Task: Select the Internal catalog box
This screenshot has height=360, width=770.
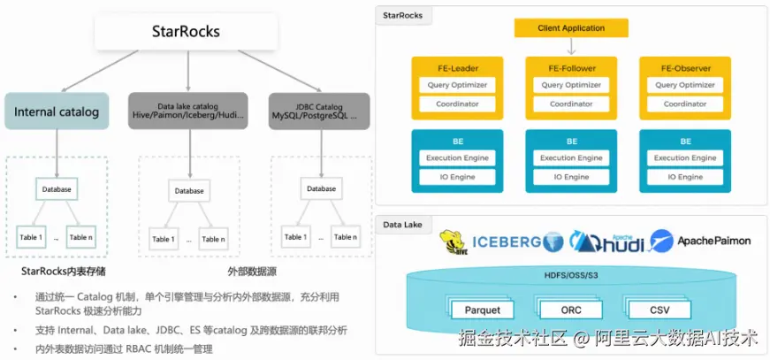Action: pos(57,111)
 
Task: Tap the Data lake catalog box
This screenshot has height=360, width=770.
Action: pos(188,111)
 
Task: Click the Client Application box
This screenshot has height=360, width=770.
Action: pos(571,28)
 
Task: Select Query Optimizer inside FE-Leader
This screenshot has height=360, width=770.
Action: pos(457,85)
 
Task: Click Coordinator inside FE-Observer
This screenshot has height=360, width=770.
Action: pos(685,103)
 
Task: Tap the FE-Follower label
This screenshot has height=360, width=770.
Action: pos(571,68)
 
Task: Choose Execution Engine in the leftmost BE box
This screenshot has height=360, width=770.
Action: pos(457,158)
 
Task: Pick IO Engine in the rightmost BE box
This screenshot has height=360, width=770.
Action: pos(685,177)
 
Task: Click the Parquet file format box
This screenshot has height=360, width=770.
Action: pos(483,310)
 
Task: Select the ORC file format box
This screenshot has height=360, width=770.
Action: pos(571,310)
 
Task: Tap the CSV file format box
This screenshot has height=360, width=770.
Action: pos(659,310)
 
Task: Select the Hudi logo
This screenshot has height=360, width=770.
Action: pos(608,241)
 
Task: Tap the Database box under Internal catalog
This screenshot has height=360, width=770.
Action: pos(57,188)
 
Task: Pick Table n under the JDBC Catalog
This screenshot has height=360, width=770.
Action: pos(346,237)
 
